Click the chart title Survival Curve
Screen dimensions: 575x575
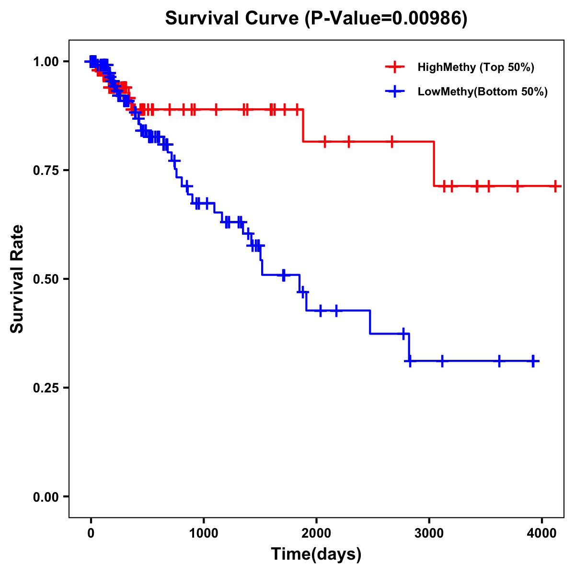coord(232,19)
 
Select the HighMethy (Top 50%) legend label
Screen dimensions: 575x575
coord(476,67)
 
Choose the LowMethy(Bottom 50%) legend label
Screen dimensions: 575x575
coord(483,92)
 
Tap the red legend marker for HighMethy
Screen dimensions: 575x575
coord(395,67)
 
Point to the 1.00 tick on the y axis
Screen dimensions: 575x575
coord(45,61)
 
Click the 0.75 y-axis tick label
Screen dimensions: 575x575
coord(45,170)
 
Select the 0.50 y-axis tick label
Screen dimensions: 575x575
coord(45,279)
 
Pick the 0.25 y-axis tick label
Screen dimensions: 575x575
coord(45,388)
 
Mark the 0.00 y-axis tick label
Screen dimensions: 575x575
coord(45,496)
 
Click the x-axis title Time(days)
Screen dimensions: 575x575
coord(316,554)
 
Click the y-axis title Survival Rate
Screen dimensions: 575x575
coord(17,279)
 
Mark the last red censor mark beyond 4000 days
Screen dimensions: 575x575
coord(555,186)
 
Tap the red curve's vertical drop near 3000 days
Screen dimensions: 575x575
coord(434,164)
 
